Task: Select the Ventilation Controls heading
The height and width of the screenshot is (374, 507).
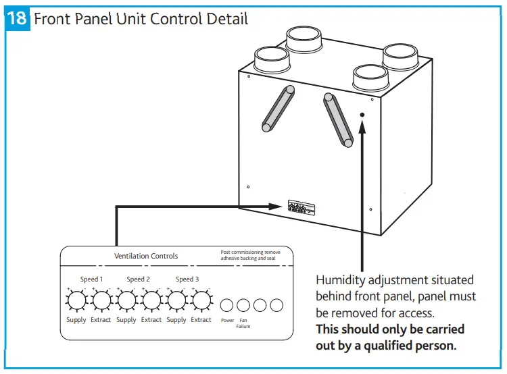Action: tap(146, 256)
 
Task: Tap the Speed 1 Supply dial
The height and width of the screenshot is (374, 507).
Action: tap(76, 299)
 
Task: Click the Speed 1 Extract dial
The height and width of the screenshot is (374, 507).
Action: tap(101, 299)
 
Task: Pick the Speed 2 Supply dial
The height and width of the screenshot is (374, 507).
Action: tap(126, 299)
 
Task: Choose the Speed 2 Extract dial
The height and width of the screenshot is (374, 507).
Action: tap(151, 299)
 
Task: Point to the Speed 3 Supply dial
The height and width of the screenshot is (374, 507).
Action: tap(176, 299)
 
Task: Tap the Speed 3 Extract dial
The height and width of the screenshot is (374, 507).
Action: tap(201, 299)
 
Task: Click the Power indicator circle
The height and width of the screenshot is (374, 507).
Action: tap(228, 305)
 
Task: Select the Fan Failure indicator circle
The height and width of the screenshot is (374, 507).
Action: tap(243, 305)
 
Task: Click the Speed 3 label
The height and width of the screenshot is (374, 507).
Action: tap(187, 279)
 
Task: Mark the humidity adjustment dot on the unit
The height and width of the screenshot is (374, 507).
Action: tap(362, 115)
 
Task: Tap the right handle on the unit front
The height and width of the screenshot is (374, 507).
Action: tap(339, 119)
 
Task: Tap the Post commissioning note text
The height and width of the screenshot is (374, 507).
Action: tap(250, 255)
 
